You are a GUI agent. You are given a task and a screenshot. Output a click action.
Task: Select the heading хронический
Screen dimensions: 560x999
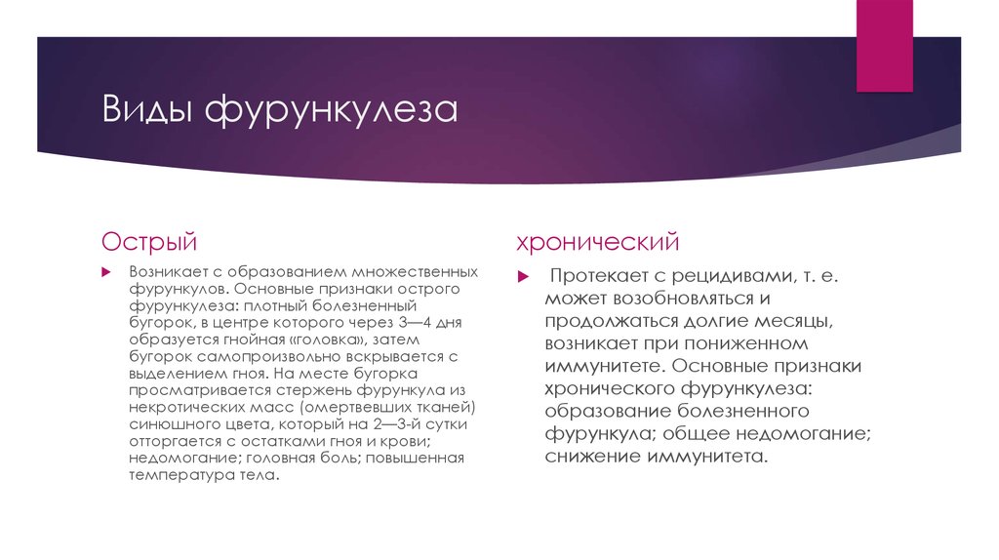(x=598, y=240)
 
